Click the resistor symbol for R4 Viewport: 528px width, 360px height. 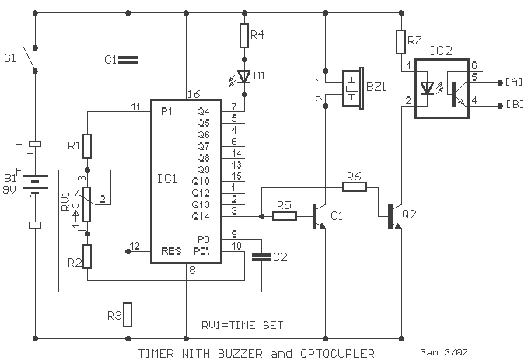pyautogui.click(x=244, y=35)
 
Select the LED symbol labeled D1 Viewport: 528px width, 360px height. pyautogui.click(x=244, y=76)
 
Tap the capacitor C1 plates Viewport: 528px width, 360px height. pyautogui.click(x=128, y=60)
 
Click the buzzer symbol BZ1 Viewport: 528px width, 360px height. pyautogui.click(x=352, y=88)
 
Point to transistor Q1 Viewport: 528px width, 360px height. pyautogui.click(x=319, y=216)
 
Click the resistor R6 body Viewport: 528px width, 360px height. pyautogui.click(x=355, y=187)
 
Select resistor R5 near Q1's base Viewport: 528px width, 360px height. pyautogui.click(x=285, y=216)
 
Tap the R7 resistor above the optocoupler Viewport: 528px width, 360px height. pyautogui.click(x=400, y=42)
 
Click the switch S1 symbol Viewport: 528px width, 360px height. pyautogui.click(x=31, y=60)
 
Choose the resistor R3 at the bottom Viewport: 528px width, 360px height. pyautogui.click(x=128, y=315)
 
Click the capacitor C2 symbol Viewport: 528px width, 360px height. pyautogui.click(x=261, y=257)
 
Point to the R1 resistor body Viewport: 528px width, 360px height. pyautogui.click(x=87, y=146)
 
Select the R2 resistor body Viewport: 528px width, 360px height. pyautogui.click(x=87, y=257)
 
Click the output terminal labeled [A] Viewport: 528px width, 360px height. pyautogui.click(x=500, y=82)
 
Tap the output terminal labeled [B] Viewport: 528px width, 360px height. pyautogui.click(x=500, y=106)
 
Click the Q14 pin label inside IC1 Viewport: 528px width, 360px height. pyautogui.click(x=201, y=216)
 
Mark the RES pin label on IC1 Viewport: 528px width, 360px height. pyautogui.click(x=171, y=251)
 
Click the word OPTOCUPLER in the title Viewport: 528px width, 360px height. pyautogui.click(x=337, y=353)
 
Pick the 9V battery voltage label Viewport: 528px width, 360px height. pyautogui.click(x=9, y=190)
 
